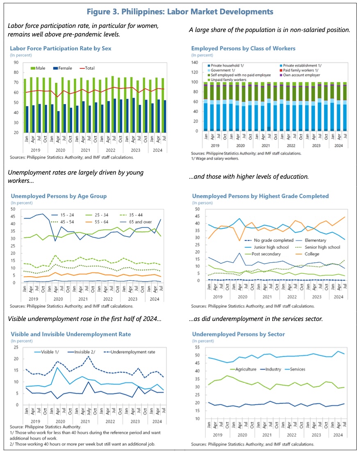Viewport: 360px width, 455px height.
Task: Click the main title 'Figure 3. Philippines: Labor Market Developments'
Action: coord(180,11)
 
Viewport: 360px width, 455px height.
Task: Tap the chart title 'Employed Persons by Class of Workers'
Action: coord(243,48)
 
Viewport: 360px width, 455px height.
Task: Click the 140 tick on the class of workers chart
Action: coord(196,63)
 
